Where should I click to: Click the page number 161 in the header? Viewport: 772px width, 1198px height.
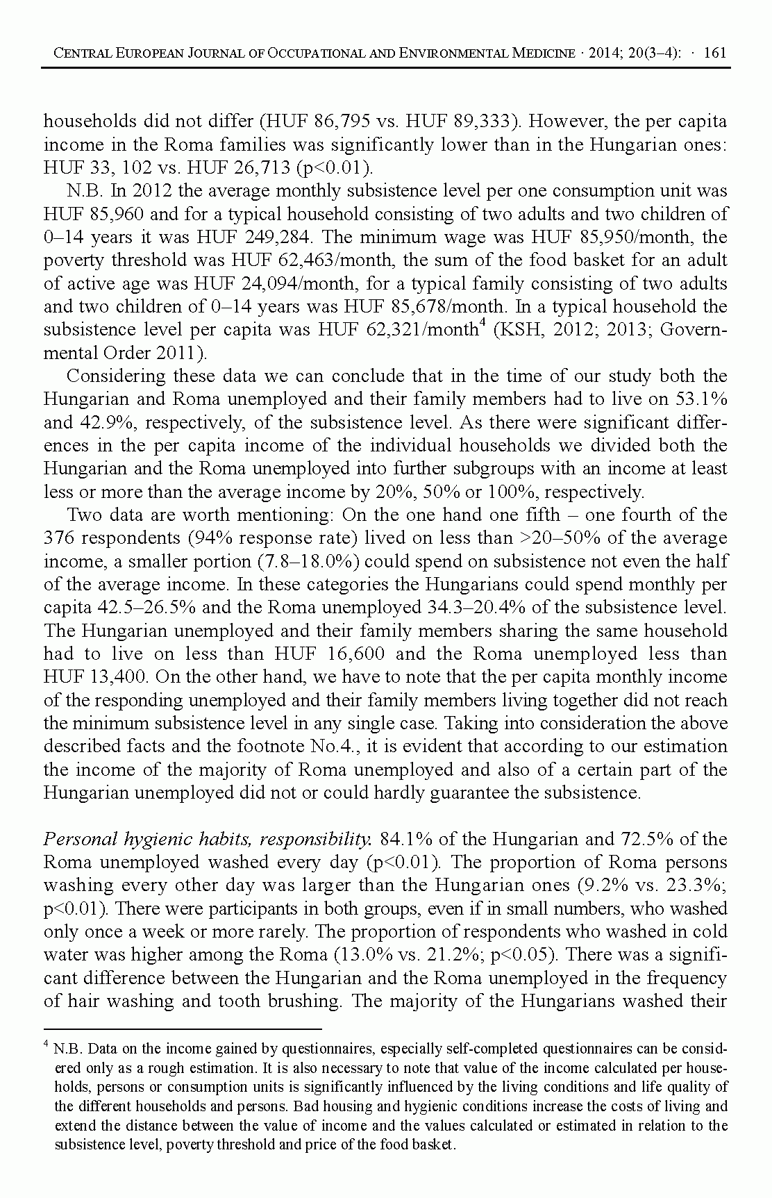[714, 53]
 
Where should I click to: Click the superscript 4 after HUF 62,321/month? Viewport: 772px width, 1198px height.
[482, 324]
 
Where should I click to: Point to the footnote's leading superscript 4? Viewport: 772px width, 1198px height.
[47, 1044]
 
